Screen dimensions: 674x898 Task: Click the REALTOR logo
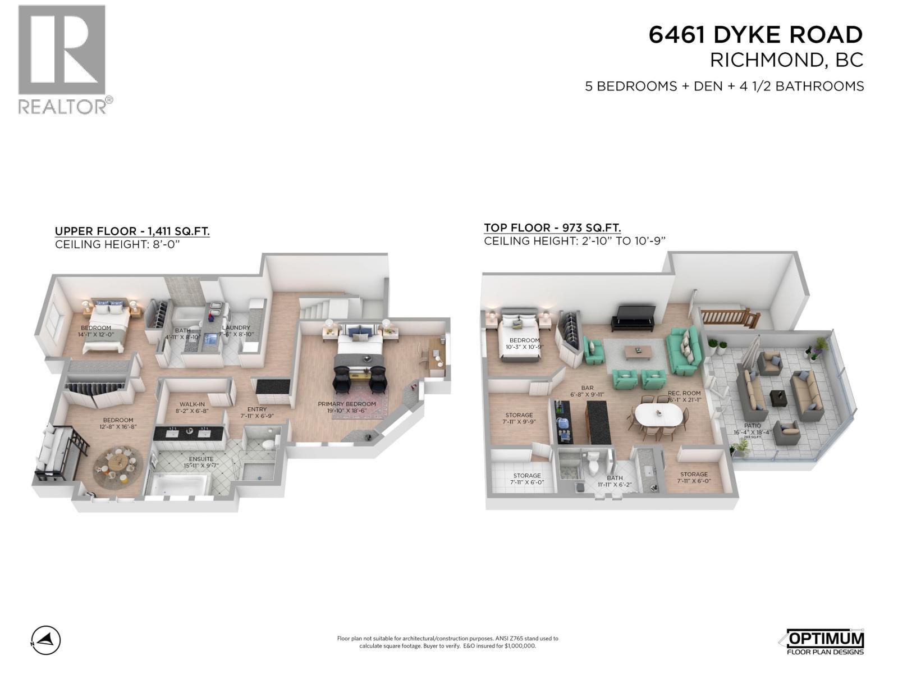click(x=62, y=59)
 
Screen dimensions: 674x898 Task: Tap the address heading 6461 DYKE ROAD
click(x=755, y=35)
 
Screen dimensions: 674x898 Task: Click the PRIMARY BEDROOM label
click(x=347, y=407)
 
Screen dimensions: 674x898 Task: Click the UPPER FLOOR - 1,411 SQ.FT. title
click(x=132, y=231)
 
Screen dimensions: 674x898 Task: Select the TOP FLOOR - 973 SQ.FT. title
click(x=552, y=227)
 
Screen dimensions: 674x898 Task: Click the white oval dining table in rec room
click(x=658, y=416)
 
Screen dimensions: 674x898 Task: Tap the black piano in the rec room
click(x=633, y=317)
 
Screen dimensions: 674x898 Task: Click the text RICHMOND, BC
click(x=786, y=60)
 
